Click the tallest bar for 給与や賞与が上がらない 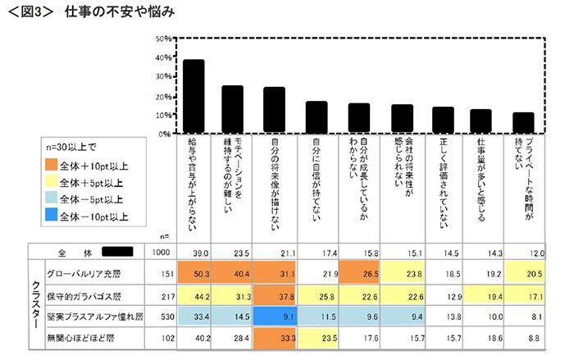coord(194,96)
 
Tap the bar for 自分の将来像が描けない coord(274,110)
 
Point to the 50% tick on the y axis coord(163,39)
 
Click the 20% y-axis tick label coord(163,96)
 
